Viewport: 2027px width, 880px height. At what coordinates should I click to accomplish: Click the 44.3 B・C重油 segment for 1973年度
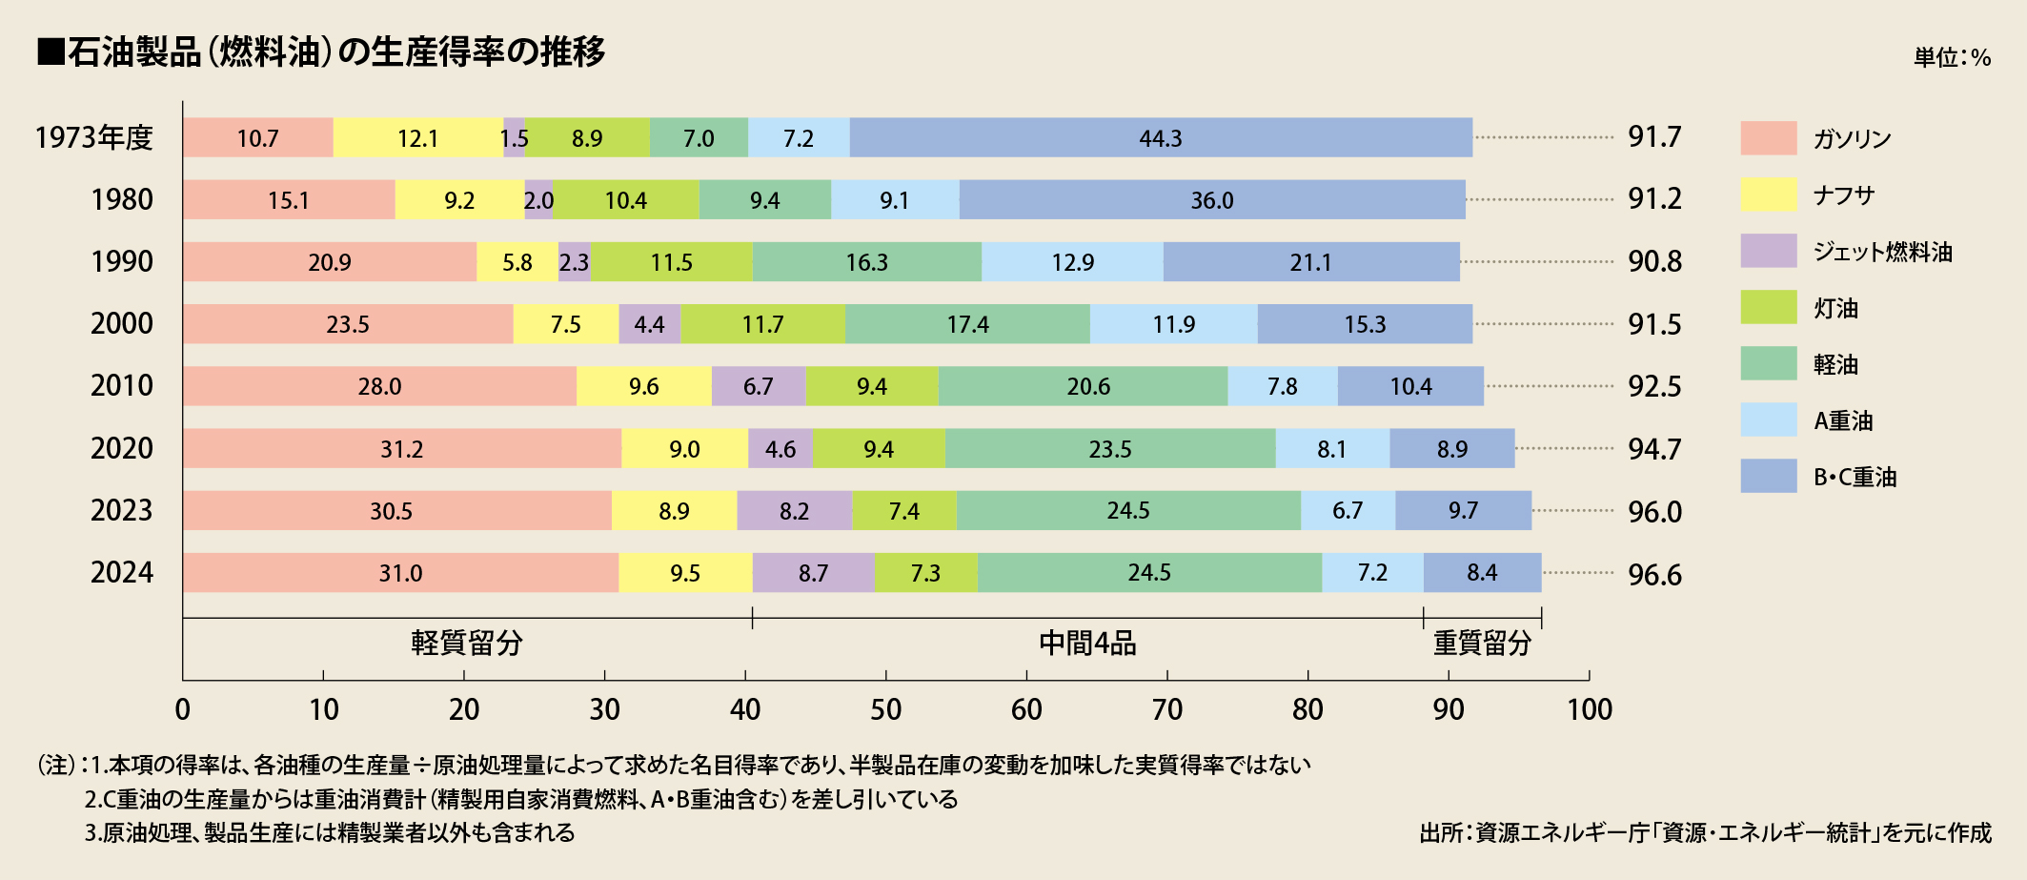(x=1160, y=138)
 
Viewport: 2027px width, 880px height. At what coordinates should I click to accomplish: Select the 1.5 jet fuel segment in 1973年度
(x=514, y=138)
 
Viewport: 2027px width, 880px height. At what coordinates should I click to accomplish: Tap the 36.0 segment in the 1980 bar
(x=1211, y=200)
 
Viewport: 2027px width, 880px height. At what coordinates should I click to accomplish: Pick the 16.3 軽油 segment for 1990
(x=866, y=262)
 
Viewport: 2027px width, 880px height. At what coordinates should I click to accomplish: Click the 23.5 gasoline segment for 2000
(x=348, y=324)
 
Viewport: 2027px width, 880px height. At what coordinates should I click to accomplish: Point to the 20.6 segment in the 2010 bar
(x=1087, y=386)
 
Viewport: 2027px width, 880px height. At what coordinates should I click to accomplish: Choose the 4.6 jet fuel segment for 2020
(x=780, y=449)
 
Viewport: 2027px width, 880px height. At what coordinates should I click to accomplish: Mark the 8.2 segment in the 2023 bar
(x=794, y=511)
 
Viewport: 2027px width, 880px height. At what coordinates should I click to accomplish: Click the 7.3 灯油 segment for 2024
(x=925, y=573)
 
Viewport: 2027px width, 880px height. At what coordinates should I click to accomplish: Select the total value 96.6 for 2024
(x=1654, y=575)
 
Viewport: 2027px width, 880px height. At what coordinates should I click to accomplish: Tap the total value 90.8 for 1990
(x=1654, y=261)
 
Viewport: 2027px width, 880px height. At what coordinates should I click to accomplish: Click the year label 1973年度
(x=93, y=138)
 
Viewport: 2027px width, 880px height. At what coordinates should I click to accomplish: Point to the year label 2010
(x=121, y=386)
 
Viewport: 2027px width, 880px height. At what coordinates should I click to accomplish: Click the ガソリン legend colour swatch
(x=1768, y=138)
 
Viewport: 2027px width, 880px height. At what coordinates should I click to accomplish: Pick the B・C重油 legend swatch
(x=1768, y=477)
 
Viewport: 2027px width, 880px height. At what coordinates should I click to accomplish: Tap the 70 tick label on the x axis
(x=1167, y=709)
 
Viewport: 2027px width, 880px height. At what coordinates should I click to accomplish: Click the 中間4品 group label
(x=1087, y=644)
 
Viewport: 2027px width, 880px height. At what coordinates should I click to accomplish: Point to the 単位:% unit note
(x=1952, y=57)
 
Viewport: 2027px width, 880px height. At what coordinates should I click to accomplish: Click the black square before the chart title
(x=51, y=51)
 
